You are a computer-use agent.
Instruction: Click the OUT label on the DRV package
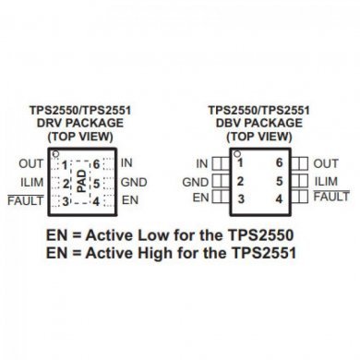(30, 164)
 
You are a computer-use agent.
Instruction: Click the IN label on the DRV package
(126, 163)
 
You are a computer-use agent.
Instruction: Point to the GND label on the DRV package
(134, 182)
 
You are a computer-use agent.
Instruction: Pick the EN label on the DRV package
(129, 199)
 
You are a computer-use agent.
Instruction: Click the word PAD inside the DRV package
(80, 182)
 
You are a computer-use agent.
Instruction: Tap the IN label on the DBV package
(202, 163)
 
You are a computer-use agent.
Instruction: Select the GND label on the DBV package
(195, 182)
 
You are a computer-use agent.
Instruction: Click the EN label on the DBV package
(200, 198)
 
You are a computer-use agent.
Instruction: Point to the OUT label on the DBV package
(327, 163)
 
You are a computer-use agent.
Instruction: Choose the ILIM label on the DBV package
(327, 181)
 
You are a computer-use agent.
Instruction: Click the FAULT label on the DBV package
(331, 197)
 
